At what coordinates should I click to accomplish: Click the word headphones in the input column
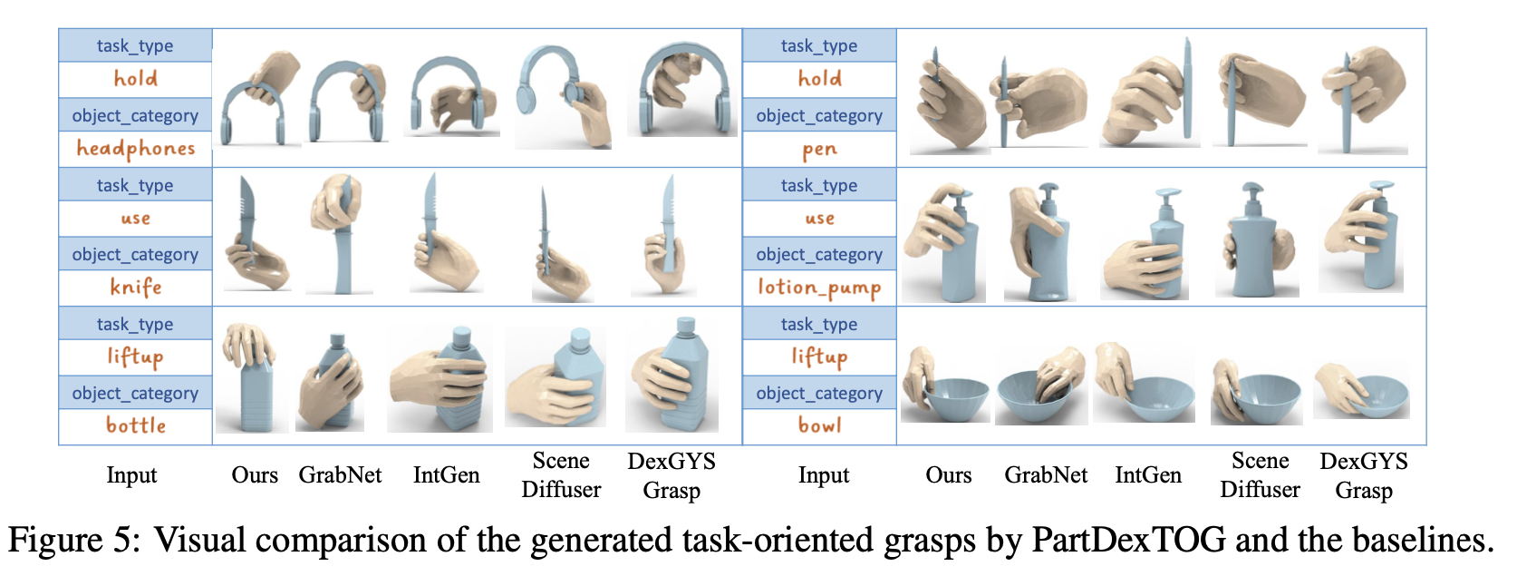[x=136, y=148]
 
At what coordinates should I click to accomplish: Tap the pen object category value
[x=819, y=150]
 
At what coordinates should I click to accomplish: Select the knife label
[x=136, y=288]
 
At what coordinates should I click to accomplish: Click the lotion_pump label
[x=819, y=288]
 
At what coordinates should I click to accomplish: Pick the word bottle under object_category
[x=136, y=425]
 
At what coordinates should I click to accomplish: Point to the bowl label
[x=819, y=425]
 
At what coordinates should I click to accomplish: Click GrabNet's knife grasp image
[x=337, y=234]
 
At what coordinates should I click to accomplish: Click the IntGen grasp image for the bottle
[x=441, y=379]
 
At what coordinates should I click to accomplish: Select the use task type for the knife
[x=136, y=219]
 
